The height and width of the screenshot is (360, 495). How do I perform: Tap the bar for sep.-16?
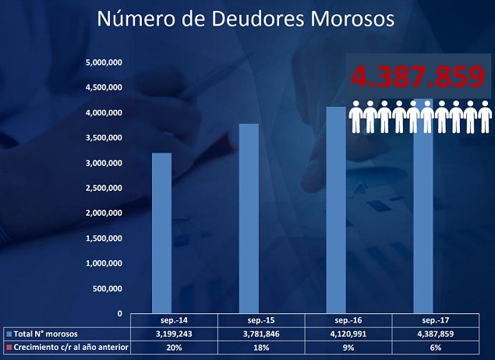click(x=336, y=210)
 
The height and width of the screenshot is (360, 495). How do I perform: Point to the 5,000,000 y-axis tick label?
click(x=105, y=62)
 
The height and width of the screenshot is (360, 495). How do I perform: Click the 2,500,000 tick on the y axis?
click(x=105, y=188)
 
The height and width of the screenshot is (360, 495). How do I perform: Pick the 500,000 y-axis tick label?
click(x=110, y=288)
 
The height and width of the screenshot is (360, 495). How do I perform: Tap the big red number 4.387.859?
click(x=419, y=76)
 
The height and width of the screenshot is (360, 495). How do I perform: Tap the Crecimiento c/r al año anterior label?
click(x=70, y=347)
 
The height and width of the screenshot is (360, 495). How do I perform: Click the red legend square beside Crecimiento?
click(x=9, y=347)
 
